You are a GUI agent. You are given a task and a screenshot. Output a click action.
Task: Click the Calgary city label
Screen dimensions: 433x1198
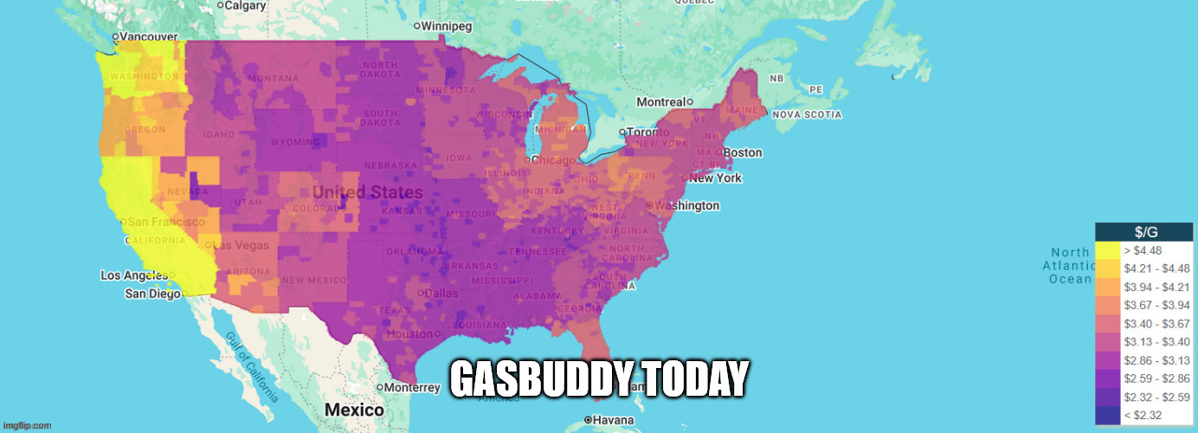(245, 5)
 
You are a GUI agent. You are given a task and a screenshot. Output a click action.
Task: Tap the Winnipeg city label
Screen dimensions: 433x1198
(448, 26)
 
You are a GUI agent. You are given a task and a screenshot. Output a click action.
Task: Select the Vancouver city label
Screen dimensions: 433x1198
(148, 36)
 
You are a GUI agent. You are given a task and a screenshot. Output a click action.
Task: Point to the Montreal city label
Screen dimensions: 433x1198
(660, 102)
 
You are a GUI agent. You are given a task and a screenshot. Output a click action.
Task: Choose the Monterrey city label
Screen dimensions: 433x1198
(412, 388)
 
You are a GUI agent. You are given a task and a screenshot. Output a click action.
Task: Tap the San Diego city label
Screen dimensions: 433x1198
(152, 294)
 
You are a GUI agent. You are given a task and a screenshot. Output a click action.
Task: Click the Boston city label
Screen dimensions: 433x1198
(742, 152)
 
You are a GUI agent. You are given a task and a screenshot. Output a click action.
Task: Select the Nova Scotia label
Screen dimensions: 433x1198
(806, 114)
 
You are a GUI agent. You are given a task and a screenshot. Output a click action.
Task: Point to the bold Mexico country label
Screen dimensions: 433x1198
(353, 410)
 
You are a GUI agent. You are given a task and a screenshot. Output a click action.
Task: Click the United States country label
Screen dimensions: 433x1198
(367, 192)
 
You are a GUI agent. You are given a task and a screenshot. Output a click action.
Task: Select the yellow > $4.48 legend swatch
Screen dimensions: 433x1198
(1107, 251)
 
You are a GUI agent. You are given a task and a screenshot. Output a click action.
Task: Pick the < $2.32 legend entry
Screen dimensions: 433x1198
(1143, 416)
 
